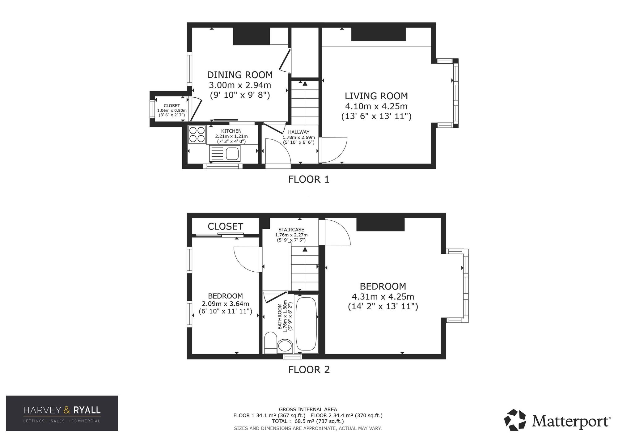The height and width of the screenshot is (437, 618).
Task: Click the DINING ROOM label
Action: point(240,75)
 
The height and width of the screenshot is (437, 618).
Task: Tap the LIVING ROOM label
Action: point(376,96)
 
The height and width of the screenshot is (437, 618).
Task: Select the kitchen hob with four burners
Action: point(197,134)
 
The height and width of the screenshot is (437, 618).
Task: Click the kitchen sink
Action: point(225,154)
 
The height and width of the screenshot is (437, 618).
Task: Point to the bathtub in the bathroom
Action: point(306,324)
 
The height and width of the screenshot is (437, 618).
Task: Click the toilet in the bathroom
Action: point(271,342)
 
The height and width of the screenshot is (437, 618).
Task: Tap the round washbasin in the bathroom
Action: point(285,346)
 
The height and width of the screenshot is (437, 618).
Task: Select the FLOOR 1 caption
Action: point(309,179)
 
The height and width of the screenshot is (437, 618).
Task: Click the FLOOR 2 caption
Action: point(309,370)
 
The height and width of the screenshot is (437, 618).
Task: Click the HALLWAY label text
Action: point(298,132)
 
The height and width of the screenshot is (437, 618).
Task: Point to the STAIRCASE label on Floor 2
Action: point(291,230)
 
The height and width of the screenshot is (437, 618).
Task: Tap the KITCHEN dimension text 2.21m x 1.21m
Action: point(231,136)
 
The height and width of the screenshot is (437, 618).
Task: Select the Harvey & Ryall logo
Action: point(62,413)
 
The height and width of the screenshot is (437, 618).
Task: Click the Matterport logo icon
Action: point(515,420)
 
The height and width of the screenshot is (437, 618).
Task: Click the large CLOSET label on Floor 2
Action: point(225,227)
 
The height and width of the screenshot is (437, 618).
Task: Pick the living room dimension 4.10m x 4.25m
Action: point(376,106)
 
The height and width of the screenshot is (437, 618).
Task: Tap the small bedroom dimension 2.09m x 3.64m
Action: point(226,304)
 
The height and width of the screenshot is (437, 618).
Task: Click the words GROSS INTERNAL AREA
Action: point(308,409)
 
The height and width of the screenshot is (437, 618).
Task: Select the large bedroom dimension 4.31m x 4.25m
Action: point(383,297)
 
